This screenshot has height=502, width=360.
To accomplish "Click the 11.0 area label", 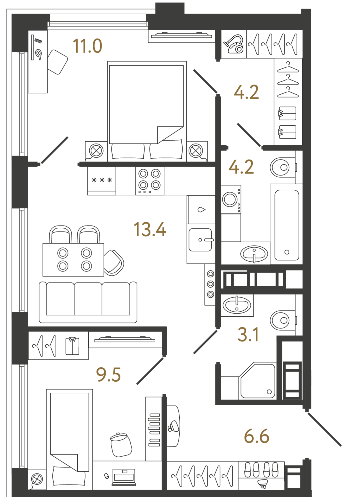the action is point(88,46).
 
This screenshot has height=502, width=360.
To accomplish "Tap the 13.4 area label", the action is point(150,230).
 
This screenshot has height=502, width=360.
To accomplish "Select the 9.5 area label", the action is point(109,375).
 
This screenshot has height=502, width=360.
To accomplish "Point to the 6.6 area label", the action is point(257,436).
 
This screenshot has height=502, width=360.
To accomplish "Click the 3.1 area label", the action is point(248,335).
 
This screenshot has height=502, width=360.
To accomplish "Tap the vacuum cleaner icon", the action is point(235,44).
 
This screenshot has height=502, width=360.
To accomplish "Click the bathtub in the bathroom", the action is point(286,224).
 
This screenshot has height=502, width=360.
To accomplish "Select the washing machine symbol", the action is point(231,199).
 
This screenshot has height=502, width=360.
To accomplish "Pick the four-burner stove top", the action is point(150,180).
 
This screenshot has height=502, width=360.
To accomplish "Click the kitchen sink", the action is point(201,239).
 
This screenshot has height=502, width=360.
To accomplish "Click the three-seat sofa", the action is point(88,302).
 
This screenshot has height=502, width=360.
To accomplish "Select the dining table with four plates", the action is point(73,259).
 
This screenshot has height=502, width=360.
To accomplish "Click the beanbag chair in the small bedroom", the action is point(121,444).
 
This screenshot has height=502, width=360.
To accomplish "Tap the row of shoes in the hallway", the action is point(261,470).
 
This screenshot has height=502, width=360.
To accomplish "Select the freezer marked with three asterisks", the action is point(102,181).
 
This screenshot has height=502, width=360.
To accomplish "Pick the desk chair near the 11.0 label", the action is point(57,62).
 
